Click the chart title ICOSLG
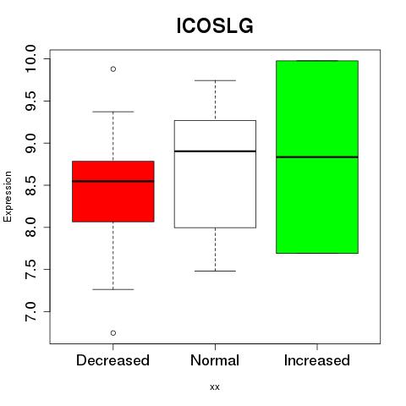215,26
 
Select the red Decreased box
113,191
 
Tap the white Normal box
215,174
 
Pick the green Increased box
317,156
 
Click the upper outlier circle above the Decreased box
113,69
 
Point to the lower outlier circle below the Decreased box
113,333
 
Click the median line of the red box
113,181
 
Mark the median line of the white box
215,151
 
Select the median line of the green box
317,157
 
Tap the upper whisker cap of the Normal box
215,80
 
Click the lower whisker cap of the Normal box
215,272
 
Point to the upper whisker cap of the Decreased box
113,112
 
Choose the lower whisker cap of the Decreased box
113,289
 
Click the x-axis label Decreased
112,360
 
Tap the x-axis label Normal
215,360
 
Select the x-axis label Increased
317,360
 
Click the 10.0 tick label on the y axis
30,58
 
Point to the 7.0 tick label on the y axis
30,311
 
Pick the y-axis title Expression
8,196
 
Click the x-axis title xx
215,387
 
